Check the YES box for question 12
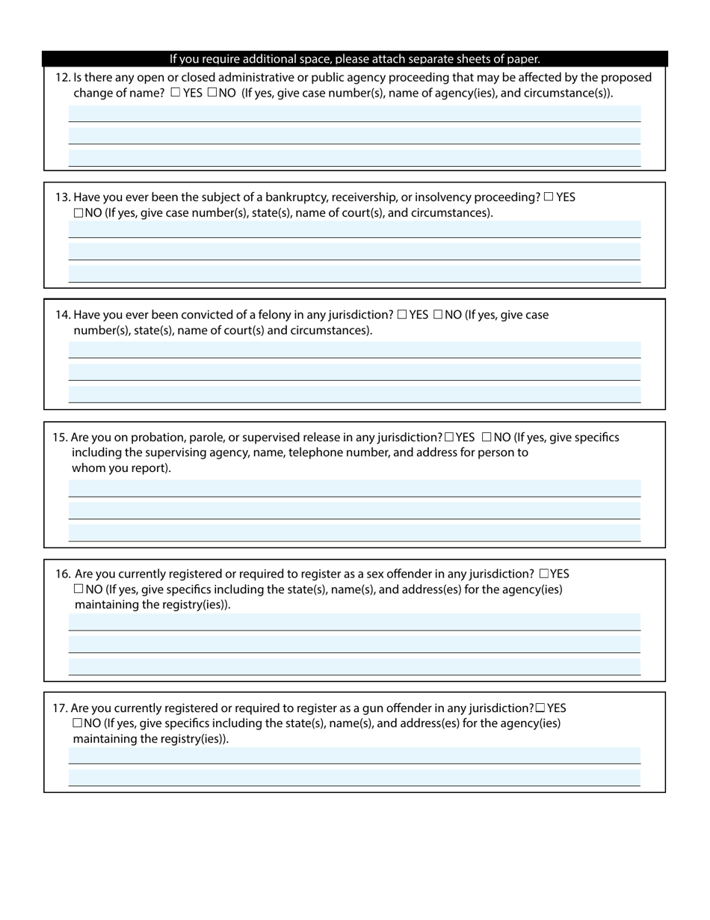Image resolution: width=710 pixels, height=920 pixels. pos(176,93)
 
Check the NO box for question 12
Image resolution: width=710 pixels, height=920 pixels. pos(212,93)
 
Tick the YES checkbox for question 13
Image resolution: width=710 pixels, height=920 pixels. pos(549,197)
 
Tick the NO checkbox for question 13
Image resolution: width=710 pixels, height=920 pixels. pos(78,213)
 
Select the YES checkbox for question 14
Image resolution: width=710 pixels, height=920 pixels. pos(402,315)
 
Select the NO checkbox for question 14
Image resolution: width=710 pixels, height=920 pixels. pos(438,315)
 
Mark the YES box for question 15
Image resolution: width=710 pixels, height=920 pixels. pos(449,438)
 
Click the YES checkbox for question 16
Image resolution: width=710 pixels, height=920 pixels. pos(543,574)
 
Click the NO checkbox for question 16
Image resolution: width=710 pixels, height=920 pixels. pos(78,589)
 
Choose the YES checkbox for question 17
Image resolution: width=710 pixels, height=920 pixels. pos(540,708)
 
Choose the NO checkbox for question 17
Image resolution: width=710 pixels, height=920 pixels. pos(78,723)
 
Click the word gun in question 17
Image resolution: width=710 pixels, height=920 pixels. pos(351,708)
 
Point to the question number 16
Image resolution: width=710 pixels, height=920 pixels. pos(63,574)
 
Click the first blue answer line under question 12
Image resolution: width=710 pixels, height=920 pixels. pos(354,114)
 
